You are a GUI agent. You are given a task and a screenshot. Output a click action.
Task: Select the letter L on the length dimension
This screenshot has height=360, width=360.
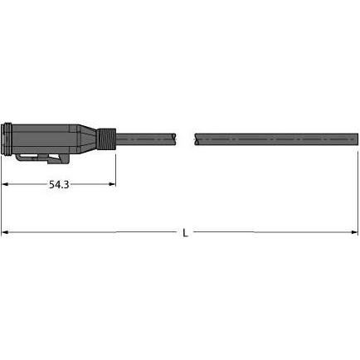(185, 233)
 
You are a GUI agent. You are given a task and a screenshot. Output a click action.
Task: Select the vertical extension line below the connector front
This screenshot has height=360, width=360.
(2, 191)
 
